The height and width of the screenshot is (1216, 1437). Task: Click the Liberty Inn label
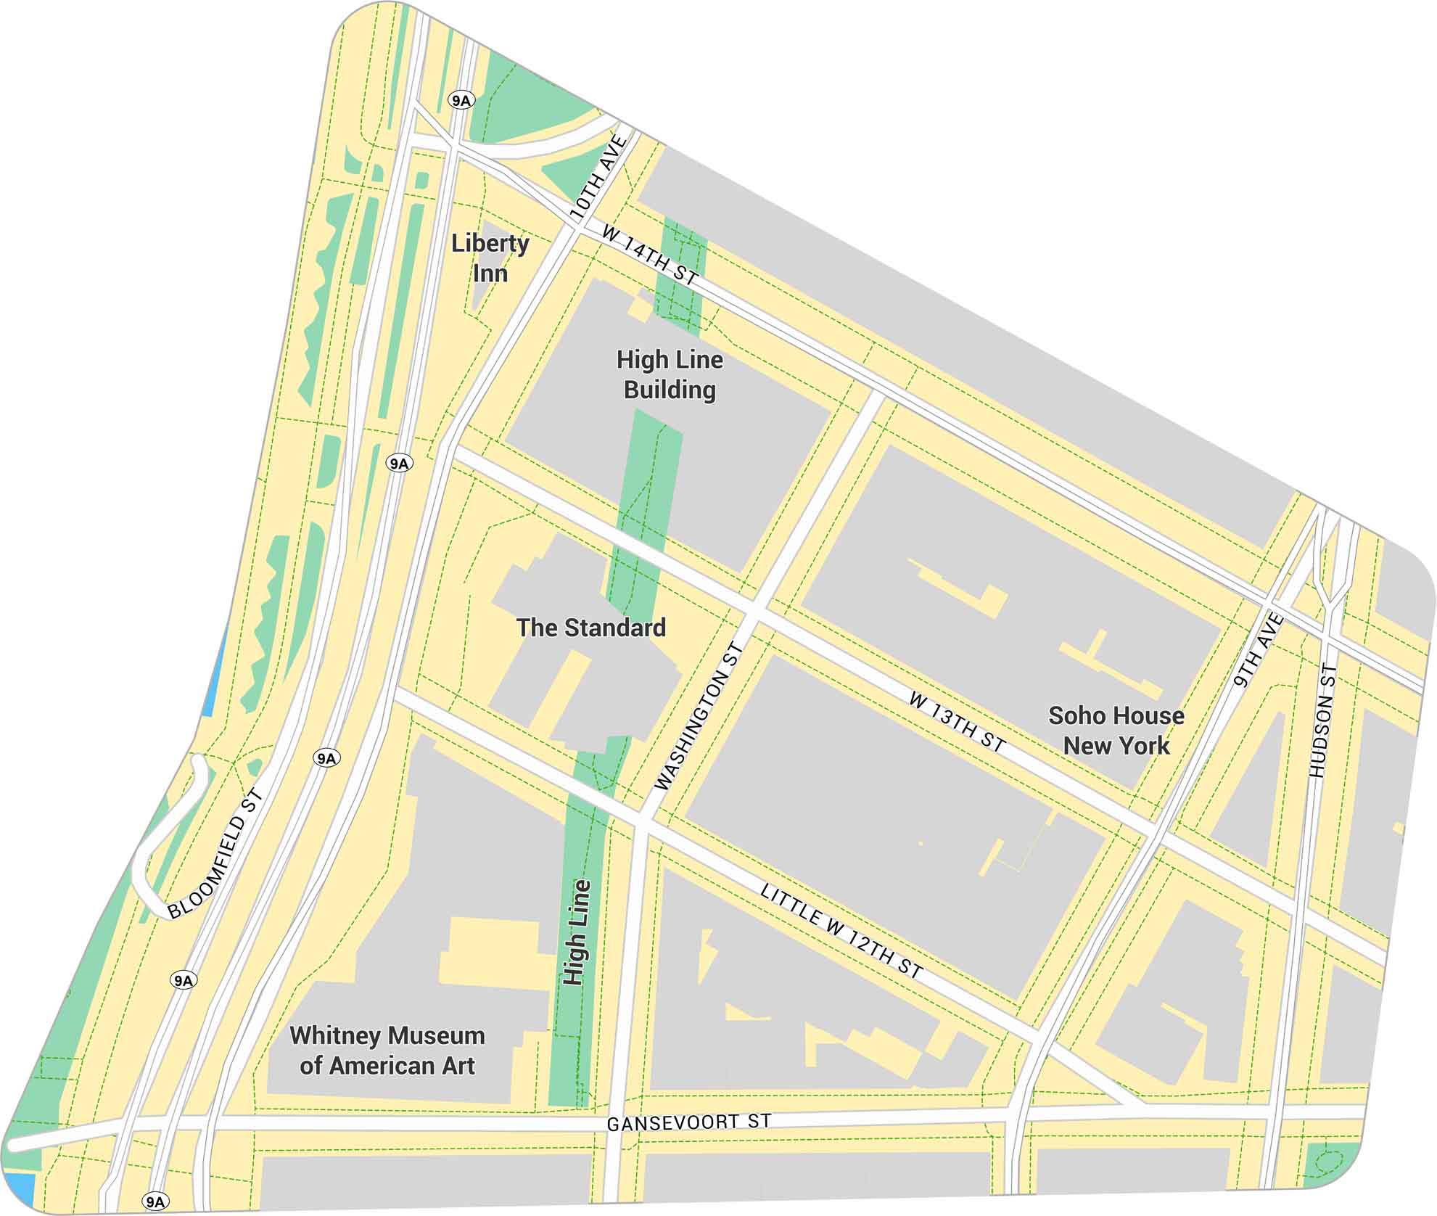(x=490, y=258)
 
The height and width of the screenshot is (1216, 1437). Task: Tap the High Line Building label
(x=670, y=374)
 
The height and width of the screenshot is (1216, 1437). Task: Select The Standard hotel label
(x=590, y=628)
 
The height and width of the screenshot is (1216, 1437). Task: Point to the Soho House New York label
(x=1116, y=730)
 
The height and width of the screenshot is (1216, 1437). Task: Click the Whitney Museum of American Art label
(x=387, y=1050)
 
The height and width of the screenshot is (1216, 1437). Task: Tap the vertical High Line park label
(x=577, y=932)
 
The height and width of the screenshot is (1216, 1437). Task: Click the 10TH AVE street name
(x=598, y=177)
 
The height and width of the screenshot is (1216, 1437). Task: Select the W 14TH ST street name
(x=650, y=255)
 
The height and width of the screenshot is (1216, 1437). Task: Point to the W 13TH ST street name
(x=957, y=721)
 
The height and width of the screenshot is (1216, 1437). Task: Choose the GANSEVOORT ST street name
(x=688, y=1122)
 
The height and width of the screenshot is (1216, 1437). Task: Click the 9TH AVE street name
(x=1259, y=650)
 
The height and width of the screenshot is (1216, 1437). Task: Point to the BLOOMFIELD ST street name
(x=215, y=854)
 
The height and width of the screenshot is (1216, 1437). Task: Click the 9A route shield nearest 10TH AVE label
(x=461, y=100)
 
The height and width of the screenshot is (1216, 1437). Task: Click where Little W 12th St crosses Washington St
(x=642, y=823)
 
